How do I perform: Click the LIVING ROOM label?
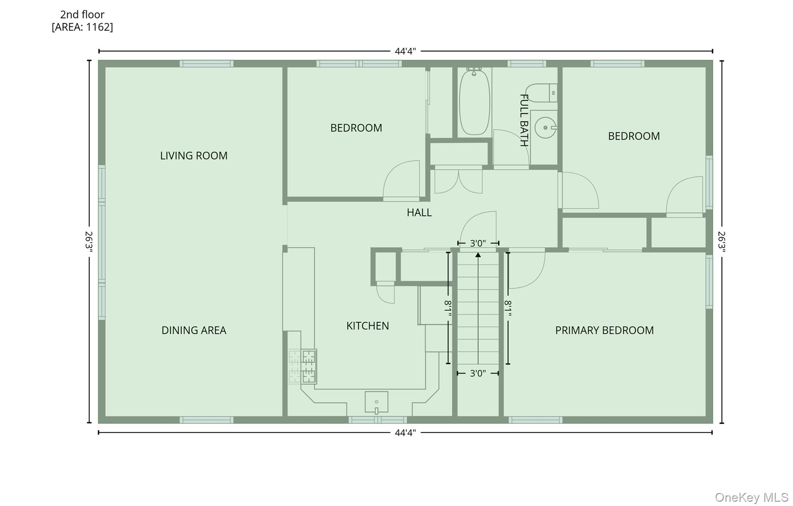coord(194,156)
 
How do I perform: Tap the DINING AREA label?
coord(194,330)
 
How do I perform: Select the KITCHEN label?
coord(367,326)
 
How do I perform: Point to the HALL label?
coord(419,213)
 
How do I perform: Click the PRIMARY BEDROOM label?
coord(604,330)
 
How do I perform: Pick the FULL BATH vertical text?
coord(524,120)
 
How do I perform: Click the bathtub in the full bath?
coord(474,102)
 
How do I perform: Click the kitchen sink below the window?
coord(376,402)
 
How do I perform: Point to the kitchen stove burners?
coord(302,366)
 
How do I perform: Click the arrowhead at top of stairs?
coord(478,255)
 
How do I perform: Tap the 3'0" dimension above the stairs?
coord(478,243)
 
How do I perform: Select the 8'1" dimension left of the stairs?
coord(448,308)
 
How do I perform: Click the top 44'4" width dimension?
coord(405,51)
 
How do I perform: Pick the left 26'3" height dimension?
coord(89,242)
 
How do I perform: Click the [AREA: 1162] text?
coord(82,27)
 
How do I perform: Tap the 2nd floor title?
coord(82,15)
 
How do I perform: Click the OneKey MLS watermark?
coord(751,497)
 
